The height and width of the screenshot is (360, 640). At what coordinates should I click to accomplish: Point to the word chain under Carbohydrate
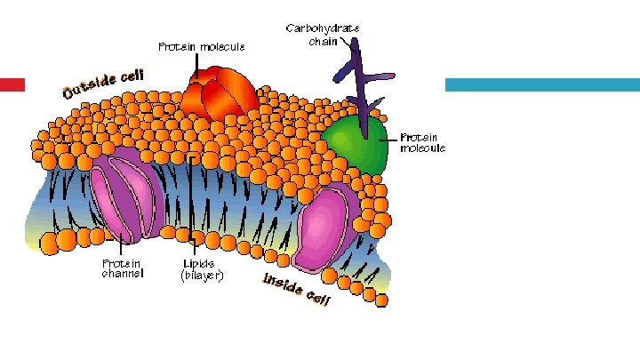pos(322,41)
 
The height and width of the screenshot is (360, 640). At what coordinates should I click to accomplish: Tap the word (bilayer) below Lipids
pos(202,276)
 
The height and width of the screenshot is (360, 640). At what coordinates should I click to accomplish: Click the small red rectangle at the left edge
pos(12,84)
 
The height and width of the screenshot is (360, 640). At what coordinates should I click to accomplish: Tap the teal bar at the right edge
pos(541,84)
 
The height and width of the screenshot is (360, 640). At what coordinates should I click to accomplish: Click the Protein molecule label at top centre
pos(200,45)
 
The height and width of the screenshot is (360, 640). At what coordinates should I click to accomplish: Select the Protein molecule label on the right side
pos(422,143)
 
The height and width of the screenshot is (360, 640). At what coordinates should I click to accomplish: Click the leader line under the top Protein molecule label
pos(198,63)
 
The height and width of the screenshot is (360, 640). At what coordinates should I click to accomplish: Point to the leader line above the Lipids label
pos(192,204)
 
